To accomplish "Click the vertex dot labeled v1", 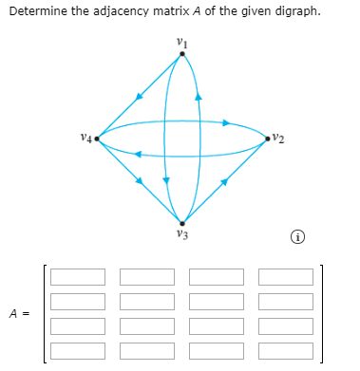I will pos(183,54).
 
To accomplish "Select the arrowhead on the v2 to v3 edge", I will pos(226,181).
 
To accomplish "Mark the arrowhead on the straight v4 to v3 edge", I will pos(140,181).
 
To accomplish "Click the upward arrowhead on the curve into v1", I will pos(199,96).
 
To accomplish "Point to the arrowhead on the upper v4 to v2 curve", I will pos(227,122).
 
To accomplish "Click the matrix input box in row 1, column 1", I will pos(78,278).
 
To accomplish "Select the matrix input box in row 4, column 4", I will pos(286,350).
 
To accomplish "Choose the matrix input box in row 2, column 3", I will pos(217,302).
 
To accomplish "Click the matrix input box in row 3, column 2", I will pos(147,326).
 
